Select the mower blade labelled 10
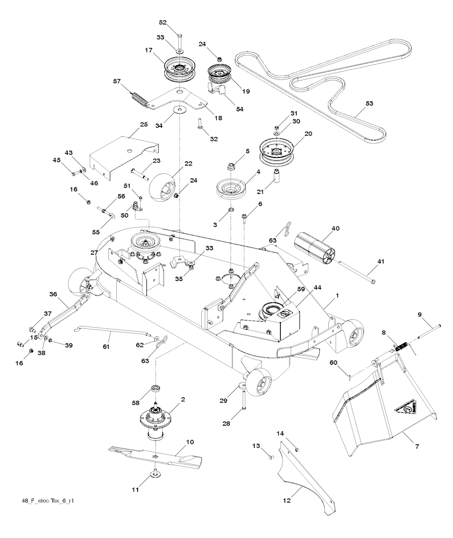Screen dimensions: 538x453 pyautogui.click(x=155, y=455)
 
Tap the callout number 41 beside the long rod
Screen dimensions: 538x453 pyautogui.click(x=380, y=262)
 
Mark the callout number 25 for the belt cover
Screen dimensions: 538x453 pyautogui.click(x=144, y=125)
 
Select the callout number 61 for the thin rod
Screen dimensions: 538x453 pyautogui.click(x=106, y=335)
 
